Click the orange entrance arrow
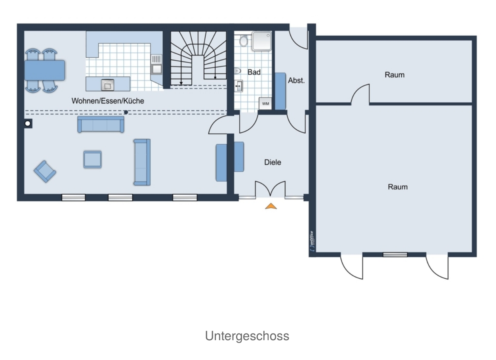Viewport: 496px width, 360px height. click(x=271, y=206)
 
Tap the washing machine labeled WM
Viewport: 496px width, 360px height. click(x=265, y=103)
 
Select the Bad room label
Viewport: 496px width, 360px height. click(x=254, y=72)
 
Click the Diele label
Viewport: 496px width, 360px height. click(x=273, y=163)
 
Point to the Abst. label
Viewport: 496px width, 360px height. click(x=296, y=80)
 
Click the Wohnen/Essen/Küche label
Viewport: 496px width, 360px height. click(x=108, y=101)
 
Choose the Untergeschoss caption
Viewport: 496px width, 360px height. click(x=247, y=336)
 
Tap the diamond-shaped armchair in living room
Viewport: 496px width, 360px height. click(x=45, y=172)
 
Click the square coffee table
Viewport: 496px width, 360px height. click(x=93, y=159)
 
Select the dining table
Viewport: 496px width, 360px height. click(x=45, y=70)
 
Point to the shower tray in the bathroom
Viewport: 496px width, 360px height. click(x=262, y=41)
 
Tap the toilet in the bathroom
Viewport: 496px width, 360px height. click(x=243, y=41)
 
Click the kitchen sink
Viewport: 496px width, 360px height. click(x=156, y=65)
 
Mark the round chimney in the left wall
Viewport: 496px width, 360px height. click(x=28, y=123)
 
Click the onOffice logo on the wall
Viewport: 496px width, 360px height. click(x=312, y=241)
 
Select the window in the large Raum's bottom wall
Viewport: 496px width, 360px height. click(x=395, y=255)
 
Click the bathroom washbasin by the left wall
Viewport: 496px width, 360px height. click(x=239, y=86)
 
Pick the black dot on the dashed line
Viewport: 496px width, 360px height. click(x=126, y=112)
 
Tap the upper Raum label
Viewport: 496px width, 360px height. click(x=395, y=75)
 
